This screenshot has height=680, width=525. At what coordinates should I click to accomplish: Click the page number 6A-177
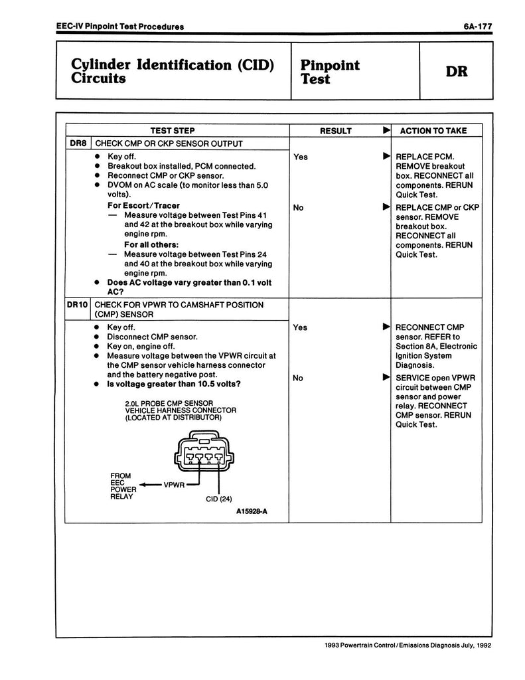point(477,27)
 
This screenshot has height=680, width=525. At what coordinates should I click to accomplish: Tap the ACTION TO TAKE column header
point(433,131)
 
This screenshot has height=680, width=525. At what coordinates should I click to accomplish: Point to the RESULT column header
point(336,131)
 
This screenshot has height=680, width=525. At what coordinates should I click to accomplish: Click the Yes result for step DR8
point(300,157)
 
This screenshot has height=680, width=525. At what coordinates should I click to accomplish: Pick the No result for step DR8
point(299,208)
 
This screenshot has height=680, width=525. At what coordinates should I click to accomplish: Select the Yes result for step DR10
point(300,327)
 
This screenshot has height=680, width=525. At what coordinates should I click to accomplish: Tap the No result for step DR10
point(299,378)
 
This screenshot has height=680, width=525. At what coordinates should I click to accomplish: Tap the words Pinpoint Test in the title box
point(330,72)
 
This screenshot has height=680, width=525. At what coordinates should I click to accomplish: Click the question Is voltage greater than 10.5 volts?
point(174,384)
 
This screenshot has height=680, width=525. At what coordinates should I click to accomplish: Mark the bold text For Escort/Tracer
point(143,206)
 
